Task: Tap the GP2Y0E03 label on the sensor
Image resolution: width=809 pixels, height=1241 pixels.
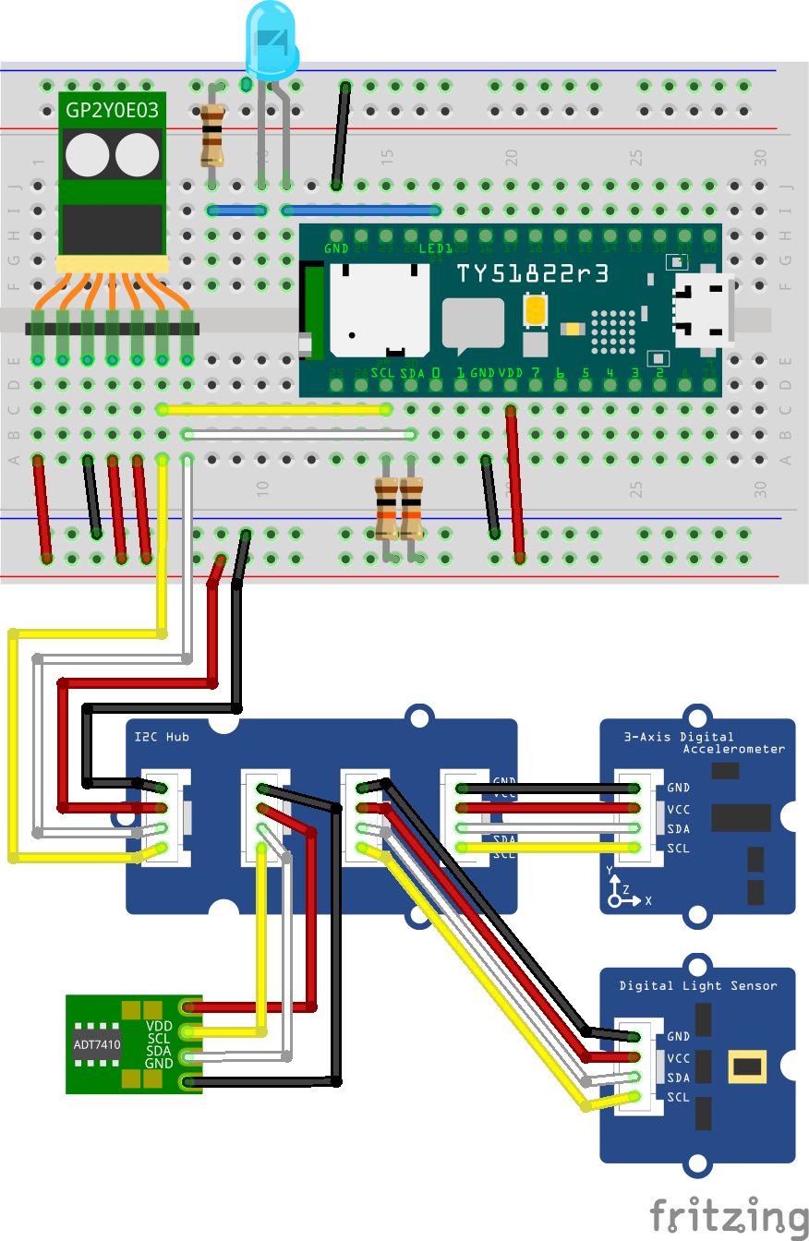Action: tap(112, 112)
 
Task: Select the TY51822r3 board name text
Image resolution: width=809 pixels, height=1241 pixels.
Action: tap(533, 273)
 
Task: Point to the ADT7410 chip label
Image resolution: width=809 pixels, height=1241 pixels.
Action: tap(97, 1045)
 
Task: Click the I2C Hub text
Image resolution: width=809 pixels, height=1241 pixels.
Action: tap(162, 737)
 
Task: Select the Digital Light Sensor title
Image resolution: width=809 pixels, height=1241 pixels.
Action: tap(698, 985)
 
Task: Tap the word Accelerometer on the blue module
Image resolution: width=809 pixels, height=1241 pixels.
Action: tap(733, 749)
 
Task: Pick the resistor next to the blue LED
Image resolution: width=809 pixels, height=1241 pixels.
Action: tap(212, 134)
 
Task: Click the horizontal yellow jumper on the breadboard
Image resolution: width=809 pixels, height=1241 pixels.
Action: tap(275, 409)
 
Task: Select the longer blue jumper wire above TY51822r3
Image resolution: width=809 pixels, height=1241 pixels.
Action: tap(361, 211)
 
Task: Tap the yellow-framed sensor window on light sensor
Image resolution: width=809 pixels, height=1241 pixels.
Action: tap(747, 1066)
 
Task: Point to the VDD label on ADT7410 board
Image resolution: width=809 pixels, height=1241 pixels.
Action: tap(159, 1026)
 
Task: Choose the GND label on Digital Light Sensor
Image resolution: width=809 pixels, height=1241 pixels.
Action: tap(678, 1037)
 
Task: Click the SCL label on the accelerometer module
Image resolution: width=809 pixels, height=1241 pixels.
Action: tap(678, 849)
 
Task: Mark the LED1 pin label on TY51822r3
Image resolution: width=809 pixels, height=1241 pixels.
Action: tap(436, 249)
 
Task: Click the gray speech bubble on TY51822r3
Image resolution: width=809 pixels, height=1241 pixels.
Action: tap(473, 325)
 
